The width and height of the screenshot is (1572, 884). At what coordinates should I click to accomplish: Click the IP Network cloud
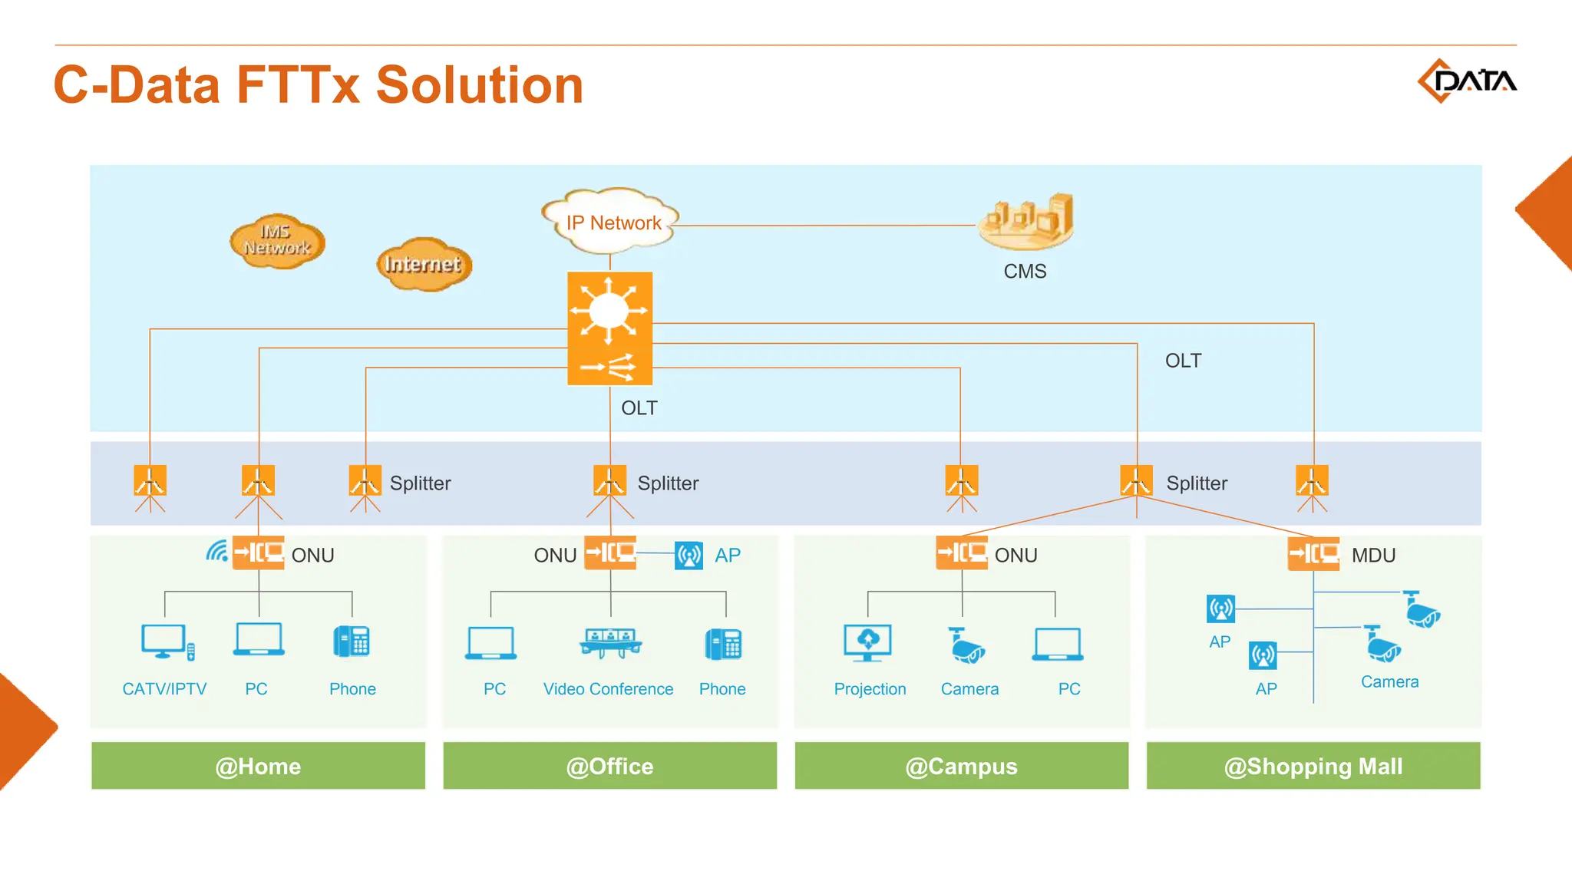tap(611, 221)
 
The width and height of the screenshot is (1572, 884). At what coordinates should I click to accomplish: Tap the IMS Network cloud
tap(277, 241)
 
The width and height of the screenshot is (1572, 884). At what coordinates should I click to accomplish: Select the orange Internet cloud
tap(424, 264)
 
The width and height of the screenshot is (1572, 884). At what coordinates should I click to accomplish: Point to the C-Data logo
tap(1466, 81)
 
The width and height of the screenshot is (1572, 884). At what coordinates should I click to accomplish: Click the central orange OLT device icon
tap(609, 328)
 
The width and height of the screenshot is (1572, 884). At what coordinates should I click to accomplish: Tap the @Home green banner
tap(258, 765)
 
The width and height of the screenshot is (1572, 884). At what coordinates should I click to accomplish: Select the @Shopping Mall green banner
tap(1313, 765)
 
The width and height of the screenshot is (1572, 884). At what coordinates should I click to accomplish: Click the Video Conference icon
tap(610, 643)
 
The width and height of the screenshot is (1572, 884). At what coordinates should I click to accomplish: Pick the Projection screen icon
tap(867, 642)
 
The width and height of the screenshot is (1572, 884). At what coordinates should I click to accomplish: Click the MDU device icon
tap(1313, 553)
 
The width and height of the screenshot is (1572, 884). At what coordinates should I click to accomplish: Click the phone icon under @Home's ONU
tap(352, 642)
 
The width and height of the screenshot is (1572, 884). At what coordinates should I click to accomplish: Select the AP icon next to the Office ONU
tap(689, 555)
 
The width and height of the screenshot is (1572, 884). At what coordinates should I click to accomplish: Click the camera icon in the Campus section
tap(966, 645)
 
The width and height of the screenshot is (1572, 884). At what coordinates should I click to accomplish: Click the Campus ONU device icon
tap(961, 552)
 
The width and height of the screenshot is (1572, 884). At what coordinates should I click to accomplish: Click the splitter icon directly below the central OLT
tap(609, 481)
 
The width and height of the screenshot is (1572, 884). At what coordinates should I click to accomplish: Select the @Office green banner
tap(609, 765)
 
